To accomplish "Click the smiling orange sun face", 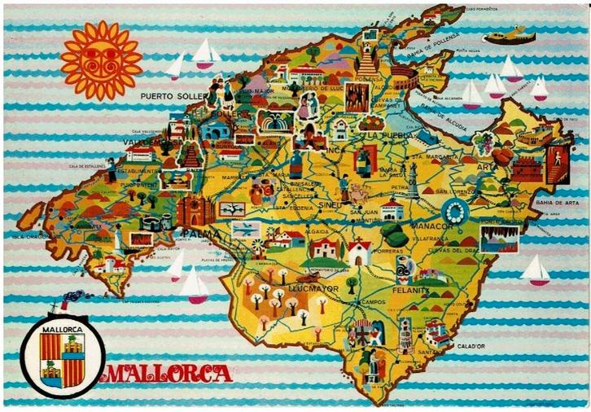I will point(102,60).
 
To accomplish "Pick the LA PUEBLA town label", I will point(384,135).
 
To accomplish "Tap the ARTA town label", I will point(487,168).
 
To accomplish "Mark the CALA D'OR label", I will point(471,345).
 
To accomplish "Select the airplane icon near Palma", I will point(243,230).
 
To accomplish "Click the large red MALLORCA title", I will point(169,375).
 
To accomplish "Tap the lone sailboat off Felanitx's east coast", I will point(535,270).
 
